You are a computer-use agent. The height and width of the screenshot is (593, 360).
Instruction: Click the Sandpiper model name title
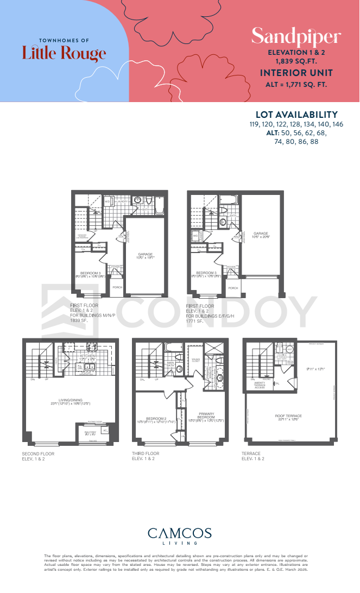tap(296, 37)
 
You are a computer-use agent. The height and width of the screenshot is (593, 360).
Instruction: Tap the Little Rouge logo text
tap(64, 53)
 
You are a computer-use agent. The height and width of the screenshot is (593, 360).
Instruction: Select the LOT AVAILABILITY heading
tap(296, 115)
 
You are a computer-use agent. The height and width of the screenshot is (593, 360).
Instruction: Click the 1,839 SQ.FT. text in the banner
tap(296, 62)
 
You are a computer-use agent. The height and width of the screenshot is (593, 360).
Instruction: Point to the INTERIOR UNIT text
tap(296, 73)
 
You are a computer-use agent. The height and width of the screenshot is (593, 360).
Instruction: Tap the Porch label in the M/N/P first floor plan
tap(117, 287)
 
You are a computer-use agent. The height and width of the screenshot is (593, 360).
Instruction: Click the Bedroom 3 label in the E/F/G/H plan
tap(206, 273)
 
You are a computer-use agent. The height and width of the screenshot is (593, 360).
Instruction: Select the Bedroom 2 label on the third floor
tap(153, 418)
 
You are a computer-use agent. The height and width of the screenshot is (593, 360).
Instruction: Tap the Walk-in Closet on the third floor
tap(194, 359)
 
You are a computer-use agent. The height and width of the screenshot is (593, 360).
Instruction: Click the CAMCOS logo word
tap(180, 533)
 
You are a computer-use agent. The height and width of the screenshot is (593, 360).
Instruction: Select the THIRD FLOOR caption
tap(146, 453)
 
